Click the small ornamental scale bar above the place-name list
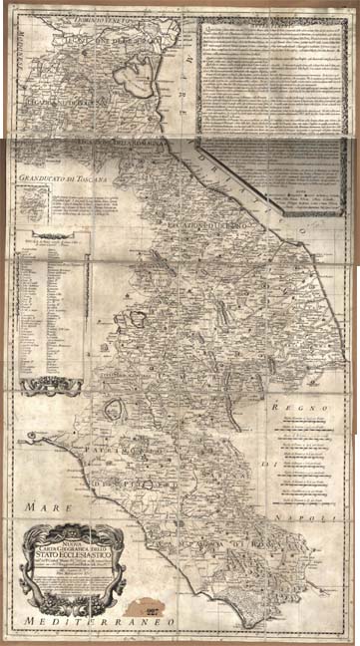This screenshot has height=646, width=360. coord(44,237)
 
